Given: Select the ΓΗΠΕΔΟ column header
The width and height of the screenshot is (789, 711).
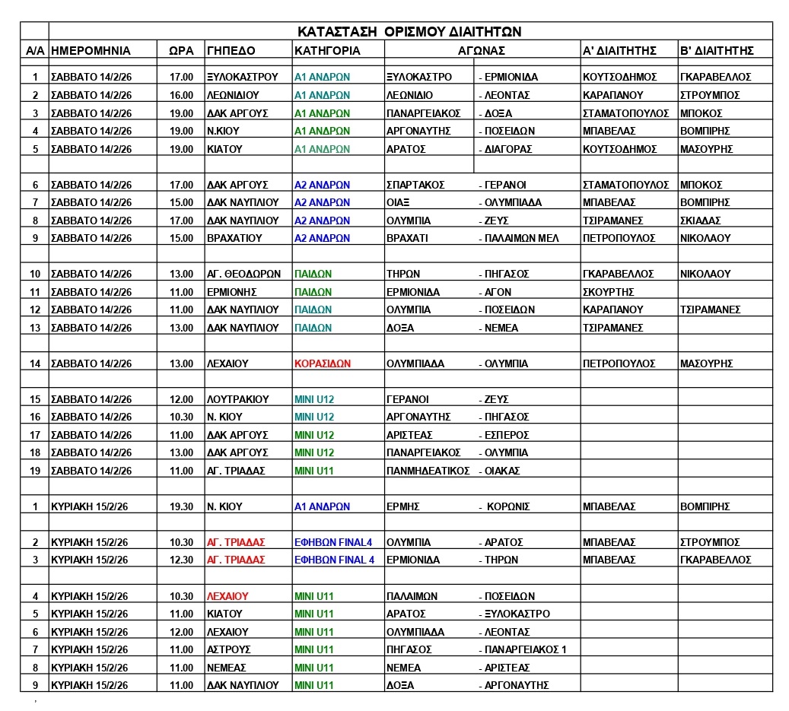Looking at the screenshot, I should (231, 51).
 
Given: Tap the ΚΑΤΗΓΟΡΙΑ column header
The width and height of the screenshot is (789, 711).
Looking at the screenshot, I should (327, 51).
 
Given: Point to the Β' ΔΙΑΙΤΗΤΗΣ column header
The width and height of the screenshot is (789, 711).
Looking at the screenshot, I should (716, 51).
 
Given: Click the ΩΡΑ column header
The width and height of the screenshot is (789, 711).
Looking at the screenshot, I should (180, 51).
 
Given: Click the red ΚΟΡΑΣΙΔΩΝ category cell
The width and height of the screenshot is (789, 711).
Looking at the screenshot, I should (323, 363).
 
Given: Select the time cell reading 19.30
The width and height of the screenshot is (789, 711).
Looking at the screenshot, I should (181, 506).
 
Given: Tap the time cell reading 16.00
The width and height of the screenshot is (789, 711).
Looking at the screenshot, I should (181, 95).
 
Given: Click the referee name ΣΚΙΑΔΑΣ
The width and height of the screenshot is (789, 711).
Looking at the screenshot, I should (700, 221).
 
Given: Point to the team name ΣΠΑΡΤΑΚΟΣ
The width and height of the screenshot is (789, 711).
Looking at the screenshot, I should (415, 185).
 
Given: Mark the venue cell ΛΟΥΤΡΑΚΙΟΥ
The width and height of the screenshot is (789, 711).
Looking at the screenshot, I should (237, 399).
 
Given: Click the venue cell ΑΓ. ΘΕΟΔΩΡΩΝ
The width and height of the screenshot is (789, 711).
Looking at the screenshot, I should (243, 274).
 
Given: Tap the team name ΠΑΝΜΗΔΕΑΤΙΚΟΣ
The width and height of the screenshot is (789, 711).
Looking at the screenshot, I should (428, 471).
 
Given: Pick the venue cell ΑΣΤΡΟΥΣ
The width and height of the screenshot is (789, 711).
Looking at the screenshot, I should (228, 650).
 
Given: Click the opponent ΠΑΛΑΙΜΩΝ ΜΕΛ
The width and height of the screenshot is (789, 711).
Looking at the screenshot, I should (522, 238).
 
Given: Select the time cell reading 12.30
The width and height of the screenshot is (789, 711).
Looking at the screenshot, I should (181, 560).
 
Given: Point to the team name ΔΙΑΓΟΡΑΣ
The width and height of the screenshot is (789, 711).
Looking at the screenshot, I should (508, 149).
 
